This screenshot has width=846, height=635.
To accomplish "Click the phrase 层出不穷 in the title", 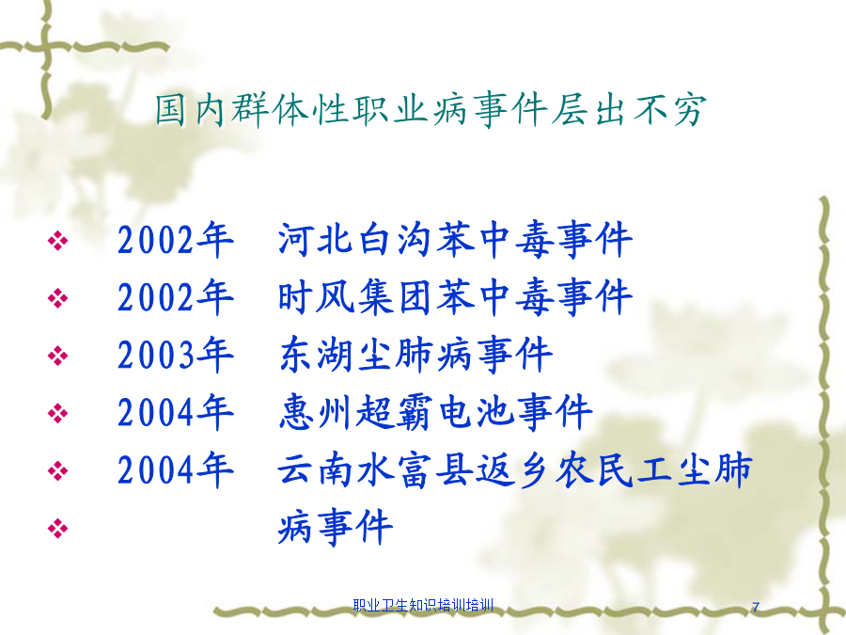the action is click(x=629, y=110).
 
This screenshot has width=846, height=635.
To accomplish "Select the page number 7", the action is click(x=756, y=607).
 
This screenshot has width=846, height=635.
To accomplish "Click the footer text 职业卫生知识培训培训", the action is click(x=424, y=605).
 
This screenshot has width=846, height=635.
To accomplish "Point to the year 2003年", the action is click(x=176, y=355).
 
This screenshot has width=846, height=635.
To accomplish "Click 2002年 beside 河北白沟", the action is click(x=176, y=240).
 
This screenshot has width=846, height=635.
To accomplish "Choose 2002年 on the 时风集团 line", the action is click(x=176, y=297).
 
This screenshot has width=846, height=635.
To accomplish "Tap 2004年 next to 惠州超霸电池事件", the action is click(x=176, y=413).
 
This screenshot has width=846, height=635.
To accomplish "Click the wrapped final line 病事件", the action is click(x=335, y=527).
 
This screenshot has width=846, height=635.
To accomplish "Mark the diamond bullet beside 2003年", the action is click(x=57, y=356).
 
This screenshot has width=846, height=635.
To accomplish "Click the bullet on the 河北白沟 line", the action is click(x=57, y=241).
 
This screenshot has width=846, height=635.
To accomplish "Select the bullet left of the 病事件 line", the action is click(x=57, y=528).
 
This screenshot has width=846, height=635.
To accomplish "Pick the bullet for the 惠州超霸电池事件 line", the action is click(x=57, y=414).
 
